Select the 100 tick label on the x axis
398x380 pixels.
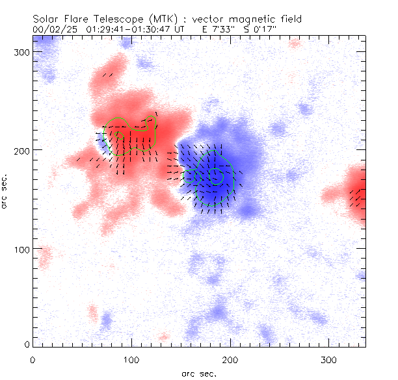pyautogui.click(x=131, y=359)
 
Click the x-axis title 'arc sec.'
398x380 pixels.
pyautogui.click(x=198, y=374)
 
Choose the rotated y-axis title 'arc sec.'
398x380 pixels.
pyautogui.click(x=5, y=191)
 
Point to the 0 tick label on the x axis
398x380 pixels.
pyautogui.click(x=33, y=359)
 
